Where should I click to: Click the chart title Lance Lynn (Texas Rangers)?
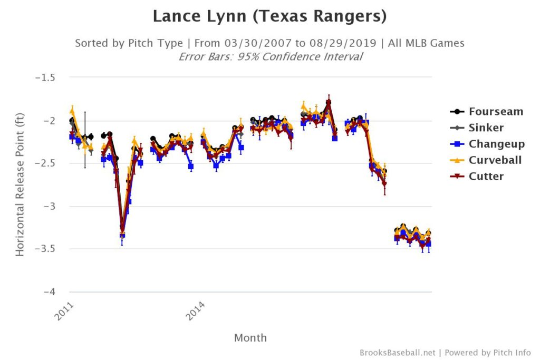(269, 16)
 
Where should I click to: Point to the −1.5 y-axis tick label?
(45, 77)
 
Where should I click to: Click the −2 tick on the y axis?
(50, 121)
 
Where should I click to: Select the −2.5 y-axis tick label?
(45, 163)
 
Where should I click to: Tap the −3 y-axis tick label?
(50, 206)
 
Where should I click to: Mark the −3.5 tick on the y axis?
(45, 249)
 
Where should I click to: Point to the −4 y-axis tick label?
(50, 292)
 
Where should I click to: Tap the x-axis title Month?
(250, 338)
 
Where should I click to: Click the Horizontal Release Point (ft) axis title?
(20, 184)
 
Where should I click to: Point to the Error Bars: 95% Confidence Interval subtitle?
(270, 56)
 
